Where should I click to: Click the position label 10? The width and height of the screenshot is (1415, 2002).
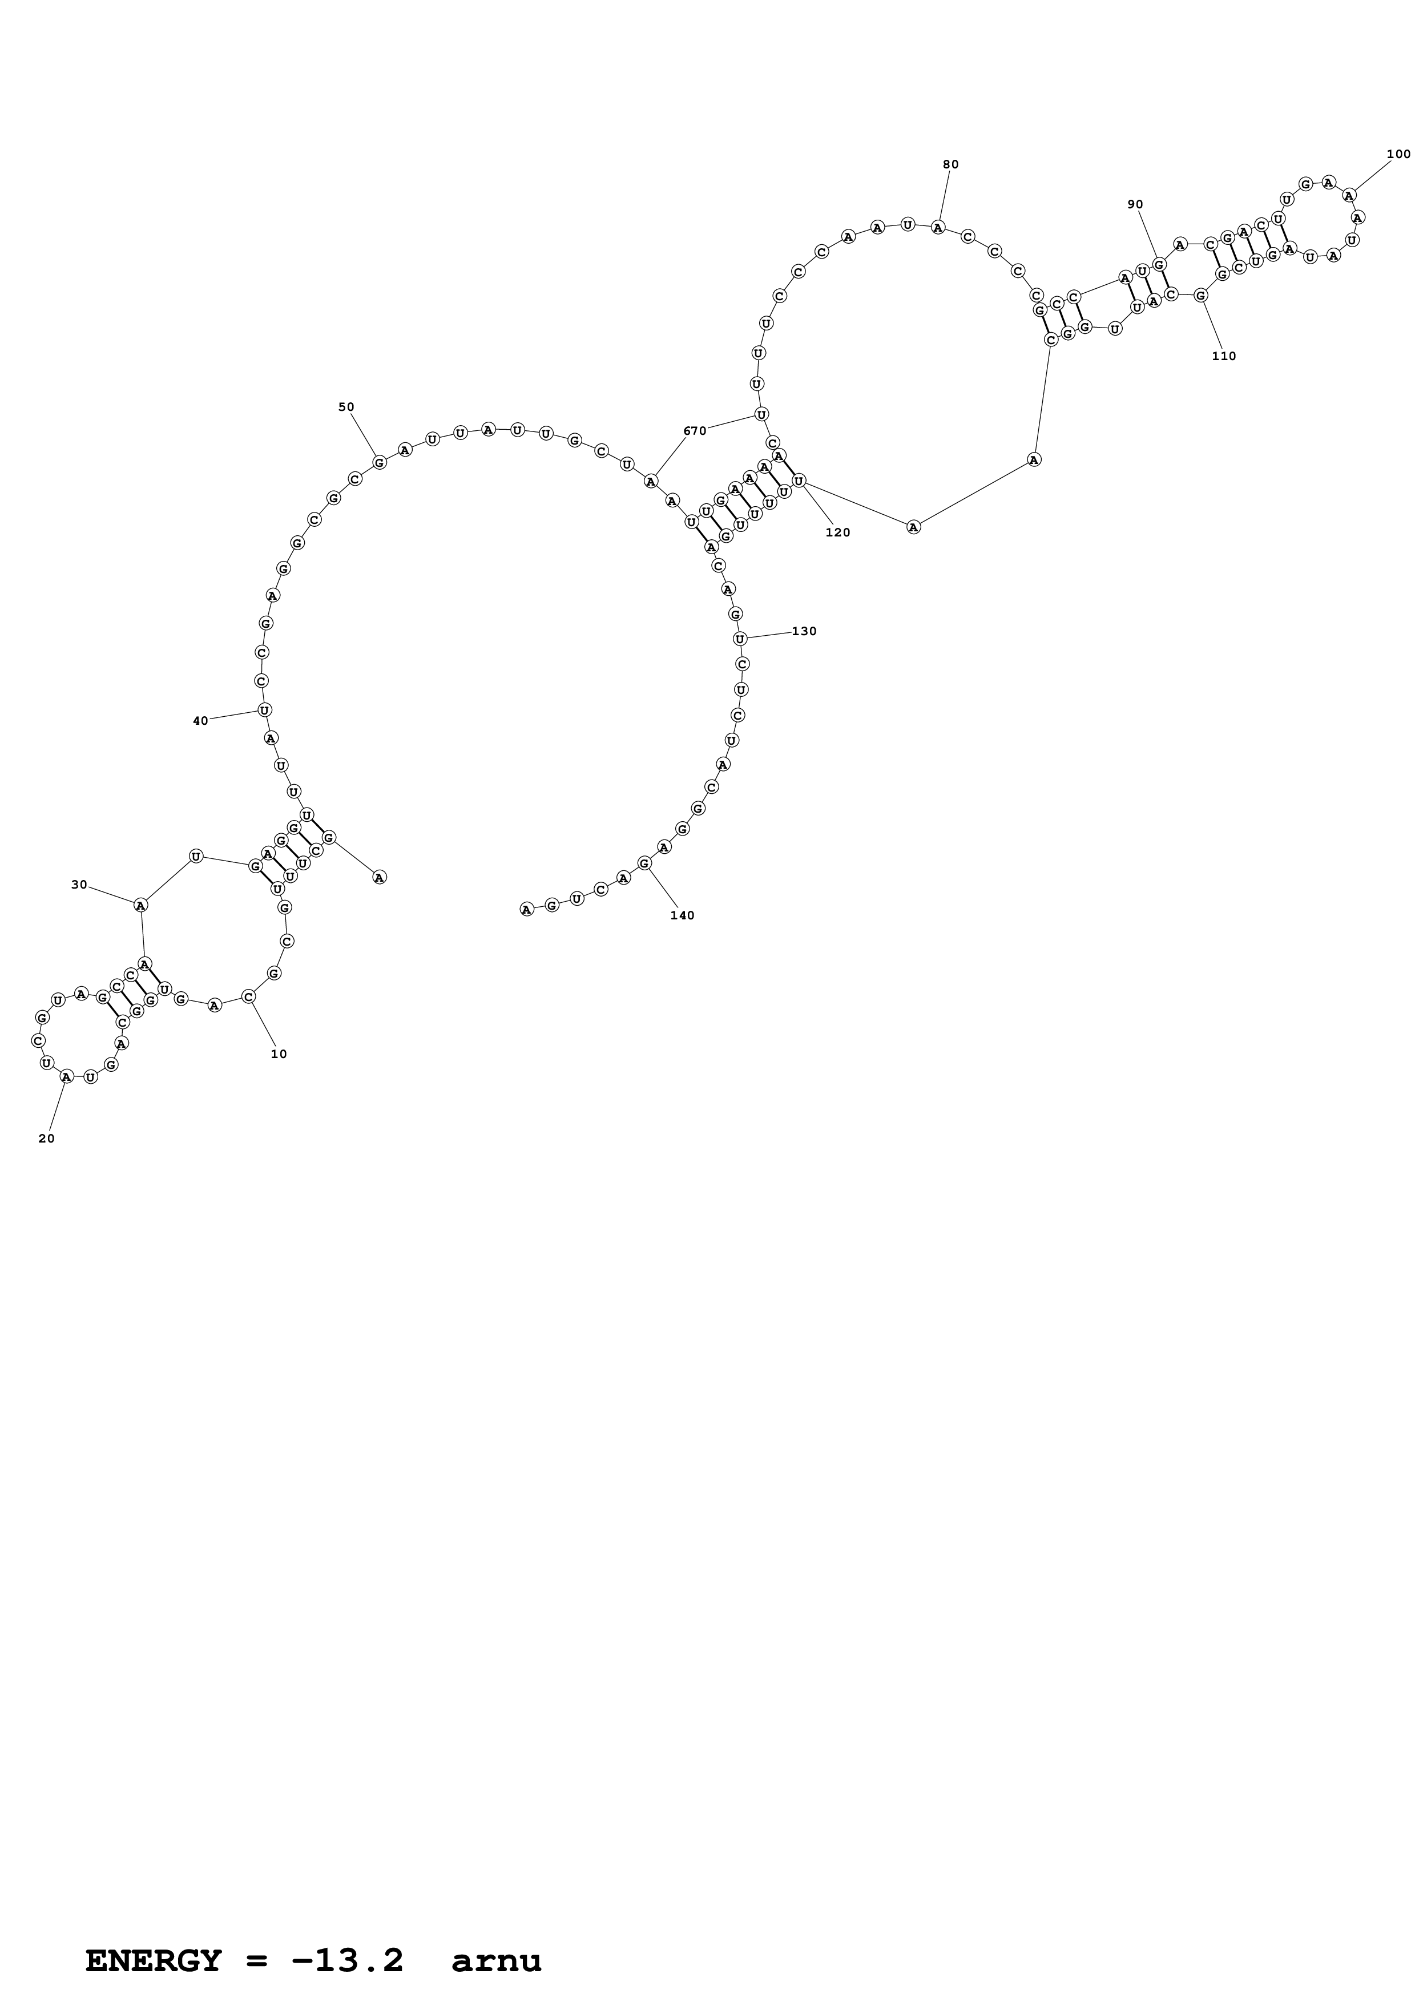pos(278,1054)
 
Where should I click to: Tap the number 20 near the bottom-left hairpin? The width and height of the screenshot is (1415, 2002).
pos(46,1138)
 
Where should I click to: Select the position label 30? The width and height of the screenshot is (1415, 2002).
pos(79,884)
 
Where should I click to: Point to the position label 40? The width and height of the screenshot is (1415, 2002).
pos(200,720)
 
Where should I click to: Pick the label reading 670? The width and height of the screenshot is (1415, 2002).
pos(695,431)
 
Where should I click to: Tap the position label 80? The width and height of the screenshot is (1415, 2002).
pos(950,164)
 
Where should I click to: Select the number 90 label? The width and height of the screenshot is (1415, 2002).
pos(1134,204)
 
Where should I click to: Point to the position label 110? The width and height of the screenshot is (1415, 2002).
pos(1223,356)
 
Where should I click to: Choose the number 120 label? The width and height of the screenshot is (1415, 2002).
pos(837,532)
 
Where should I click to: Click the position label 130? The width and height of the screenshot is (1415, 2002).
pos(804,631)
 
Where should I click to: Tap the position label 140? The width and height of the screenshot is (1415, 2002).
pos(682,915)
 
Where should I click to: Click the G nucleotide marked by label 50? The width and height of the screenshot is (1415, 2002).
pos(379,462)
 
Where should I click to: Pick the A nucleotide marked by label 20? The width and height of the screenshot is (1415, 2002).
pos(66,1076)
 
